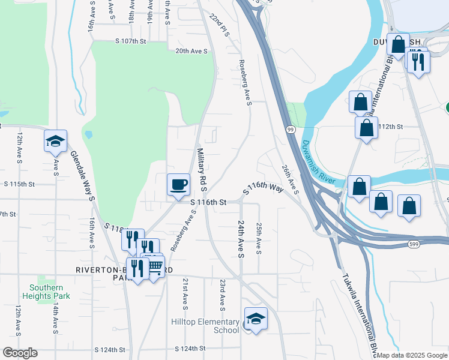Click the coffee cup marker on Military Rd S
point(178,184)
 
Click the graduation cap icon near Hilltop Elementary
point(256,319)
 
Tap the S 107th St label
point(131,41)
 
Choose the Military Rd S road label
point(201,170)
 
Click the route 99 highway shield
point(291,130)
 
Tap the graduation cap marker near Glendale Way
point(55,142)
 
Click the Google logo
point(20,353)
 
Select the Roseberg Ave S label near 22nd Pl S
point(244,82)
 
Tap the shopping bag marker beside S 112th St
point(366,128)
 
